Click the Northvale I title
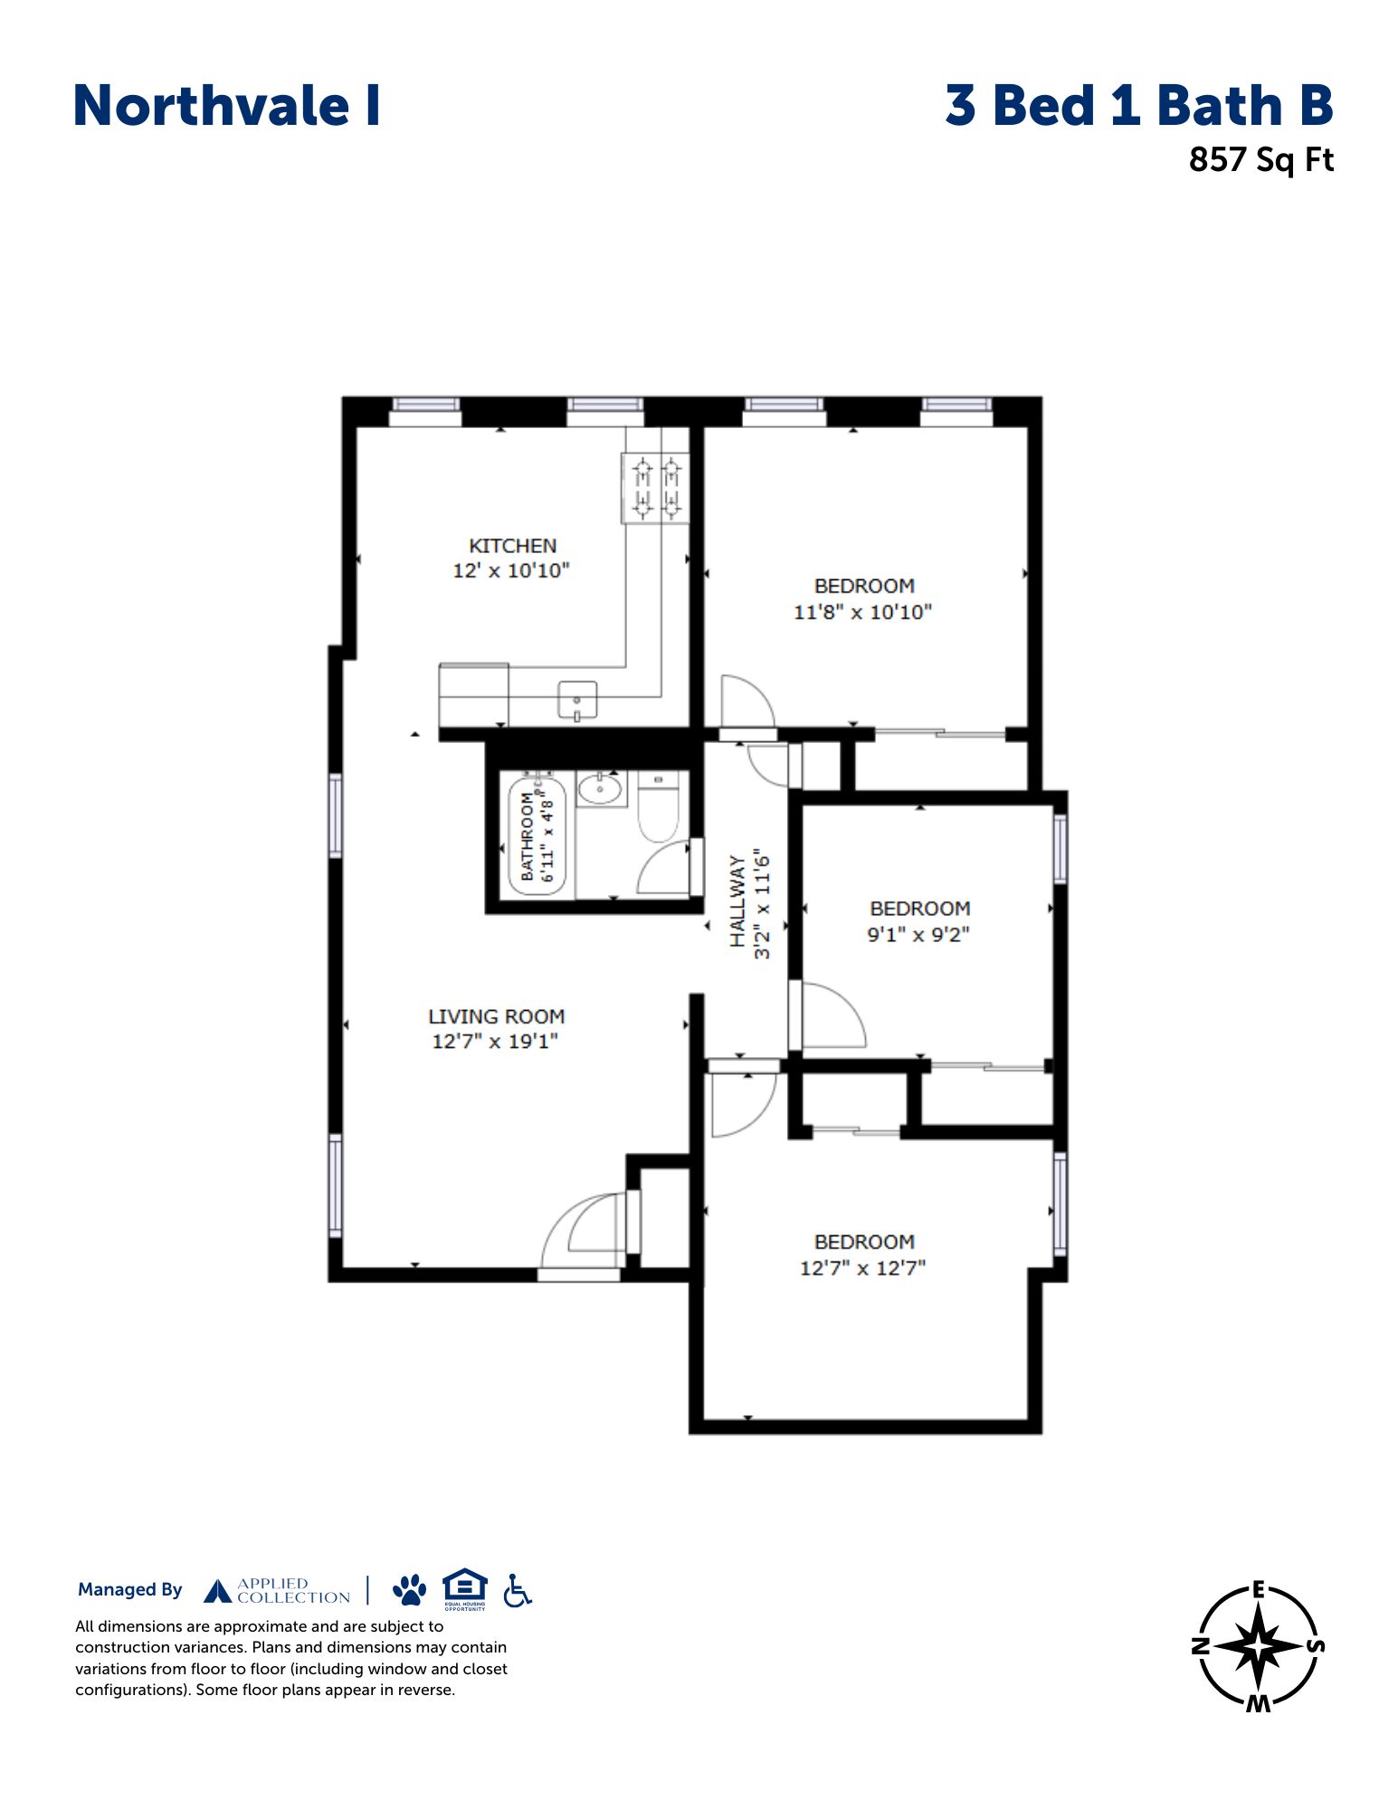[x=226, y=106]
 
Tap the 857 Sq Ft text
[x=1260, y=160]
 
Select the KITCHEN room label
[x=512, y=546]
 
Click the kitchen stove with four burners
[x=655, y=488]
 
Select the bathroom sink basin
[x=601, y=790]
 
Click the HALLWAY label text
[x=738, y=901]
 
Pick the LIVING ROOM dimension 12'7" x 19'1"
[x=495, y=1041]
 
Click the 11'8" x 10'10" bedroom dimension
[x=862, y=612]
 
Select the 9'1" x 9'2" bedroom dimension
[x=918, y=934]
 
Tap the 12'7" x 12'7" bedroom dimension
[x=862, y=1268]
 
